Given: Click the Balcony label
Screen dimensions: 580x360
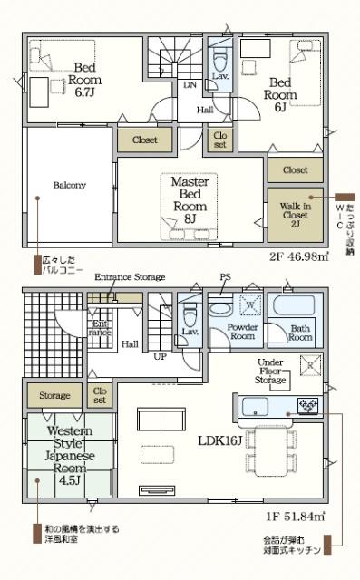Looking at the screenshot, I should (x=69, y=185).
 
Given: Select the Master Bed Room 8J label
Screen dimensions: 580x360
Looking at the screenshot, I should (x=190, y=200).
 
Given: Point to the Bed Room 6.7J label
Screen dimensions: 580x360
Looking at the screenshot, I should (x=86, y=79).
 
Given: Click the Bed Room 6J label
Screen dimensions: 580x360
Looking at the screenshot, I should (x=280, y=93).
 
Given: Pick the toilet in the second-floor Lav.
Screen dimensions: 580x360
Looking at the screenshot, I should (x=220, y=72).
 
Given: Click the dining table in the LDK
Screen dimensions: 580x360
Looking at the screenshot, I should (x=268, y=448).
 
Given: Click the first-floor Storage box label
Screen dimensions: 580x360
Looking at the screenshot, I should (x=54, y=395).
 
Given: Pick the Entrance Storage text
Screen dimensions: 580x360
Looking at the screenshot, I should (x=130, y=277).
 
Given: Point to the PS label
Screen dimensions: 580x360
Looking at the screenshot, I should (x=224, y=277).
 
